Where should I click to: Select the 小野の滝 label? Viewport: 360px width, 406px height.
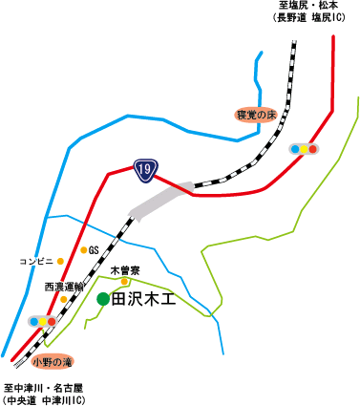[52, 362]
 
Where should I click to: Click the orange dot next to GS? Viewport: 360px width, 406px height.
[83, 250]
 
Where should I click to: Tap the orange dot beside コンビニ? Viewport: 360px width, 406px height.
[60, 261]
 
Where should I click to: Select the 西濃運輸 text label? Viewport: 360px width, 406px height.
[64, 286]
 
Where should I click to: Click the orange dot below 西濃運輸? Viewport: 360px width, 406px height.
[63, 299]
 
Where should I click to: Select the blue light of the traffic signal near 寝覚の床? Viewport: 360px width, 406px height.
[295, 149]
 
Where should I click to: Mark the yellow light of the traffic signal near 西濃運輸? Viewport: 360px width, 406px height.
[42, 322]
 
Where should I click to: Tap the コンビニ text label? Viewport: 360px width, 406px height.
[35, 261]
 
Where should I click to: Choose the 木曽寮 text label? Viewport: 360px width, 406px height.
[126, 269]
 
